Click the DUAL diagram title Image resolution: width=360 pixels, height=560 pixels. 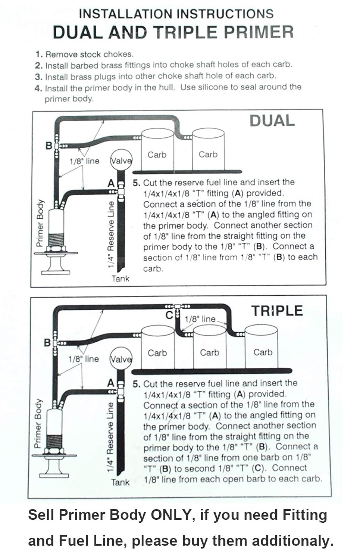[x=272, y=121]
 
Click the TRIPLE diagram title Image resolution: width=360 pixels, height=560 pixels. [x=277, y=311]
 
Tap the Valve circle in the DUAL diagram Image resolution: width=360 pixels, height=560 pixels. [x=121, y=160]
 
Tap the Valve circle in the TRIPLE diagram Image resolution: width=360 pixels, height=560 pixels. [x=121, y=359]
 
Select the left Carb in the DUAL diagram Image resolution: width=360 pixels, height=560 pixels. [x=157, y=155]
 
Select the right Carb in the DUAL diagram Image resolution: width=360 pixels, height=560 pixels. [x=208, y=154]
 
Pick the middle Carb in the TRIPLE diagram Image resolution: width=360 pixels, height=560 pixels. [x=209, y=352]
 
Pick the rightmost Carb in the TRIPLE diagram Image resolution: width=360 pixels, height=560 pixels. [x=263, y=352]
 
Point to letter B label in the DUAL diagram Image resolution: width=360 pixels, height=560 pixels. [x=49, y=146]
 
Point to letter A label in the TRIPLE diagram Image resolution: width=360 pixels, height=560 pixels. [x=111, y=383]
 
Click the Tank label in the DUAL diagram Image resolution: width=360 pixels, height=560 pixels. [x=120, y=279]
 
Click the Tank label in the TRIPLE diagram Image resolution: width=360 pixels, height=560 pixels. [x=120, y=482]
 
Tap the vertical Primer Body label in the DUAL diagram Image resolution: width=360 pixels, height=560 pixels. [x=40, y=223]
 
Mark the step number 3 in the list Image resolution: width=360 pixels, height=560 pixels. [x=38, y=77]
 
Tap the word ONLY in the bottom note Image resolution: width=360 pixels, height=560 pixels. [x=170, y=515]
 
